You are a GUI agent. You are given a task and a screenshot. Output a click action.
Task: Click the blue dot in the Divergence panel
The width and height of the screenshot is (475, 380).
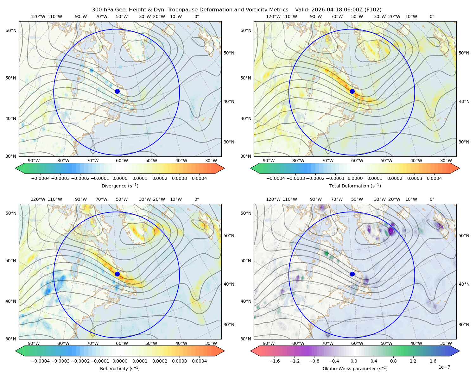coord(117,91)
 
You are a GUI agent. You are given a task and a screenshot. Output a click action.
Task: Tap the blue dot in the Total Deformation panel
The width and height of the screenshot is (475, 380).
coord(352,91)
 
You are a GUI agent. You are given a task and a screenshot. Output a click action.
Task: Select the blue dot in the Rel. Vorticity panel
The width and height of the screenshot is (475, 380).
coord(117,274)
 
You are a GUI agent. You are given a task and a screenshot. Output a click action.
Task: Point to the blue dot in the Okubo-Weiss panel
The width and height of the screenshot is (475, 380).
coord(352,274)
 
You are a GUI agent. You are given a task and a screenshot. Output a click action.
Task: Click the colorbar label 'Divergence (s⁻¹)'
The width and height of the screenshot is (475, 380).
coord(120,186)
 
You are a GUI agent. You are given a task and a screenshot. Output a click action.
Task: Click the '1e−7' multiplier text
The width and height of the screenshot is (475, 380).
coord(444,367)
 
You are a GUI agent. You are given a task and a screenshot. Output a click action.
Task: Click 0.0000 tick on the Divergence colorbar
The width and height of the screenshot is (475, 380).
coord(120,178)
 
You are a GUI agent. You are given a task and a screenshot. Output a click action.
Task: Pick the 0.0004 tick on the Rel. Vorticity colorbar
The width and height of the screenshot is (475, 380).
coord(199,361)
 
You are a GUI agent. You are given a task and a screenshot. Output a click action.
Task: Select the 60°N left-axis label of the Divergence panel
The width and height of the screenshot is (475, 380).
coord(11,30)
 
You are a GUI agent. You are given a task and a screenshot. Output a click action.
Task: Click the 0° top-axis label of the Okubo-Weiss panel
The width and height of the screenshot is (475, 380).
coord(432,199)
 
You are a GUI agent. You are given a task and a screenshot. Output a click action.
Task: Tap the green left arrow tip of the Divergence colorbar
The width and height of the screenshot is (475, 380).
coord(16,168)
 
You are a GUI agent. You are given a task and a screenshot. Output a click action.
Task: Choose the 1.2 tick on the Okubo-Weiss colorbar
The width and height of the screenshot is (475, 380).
coord(413,361)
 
